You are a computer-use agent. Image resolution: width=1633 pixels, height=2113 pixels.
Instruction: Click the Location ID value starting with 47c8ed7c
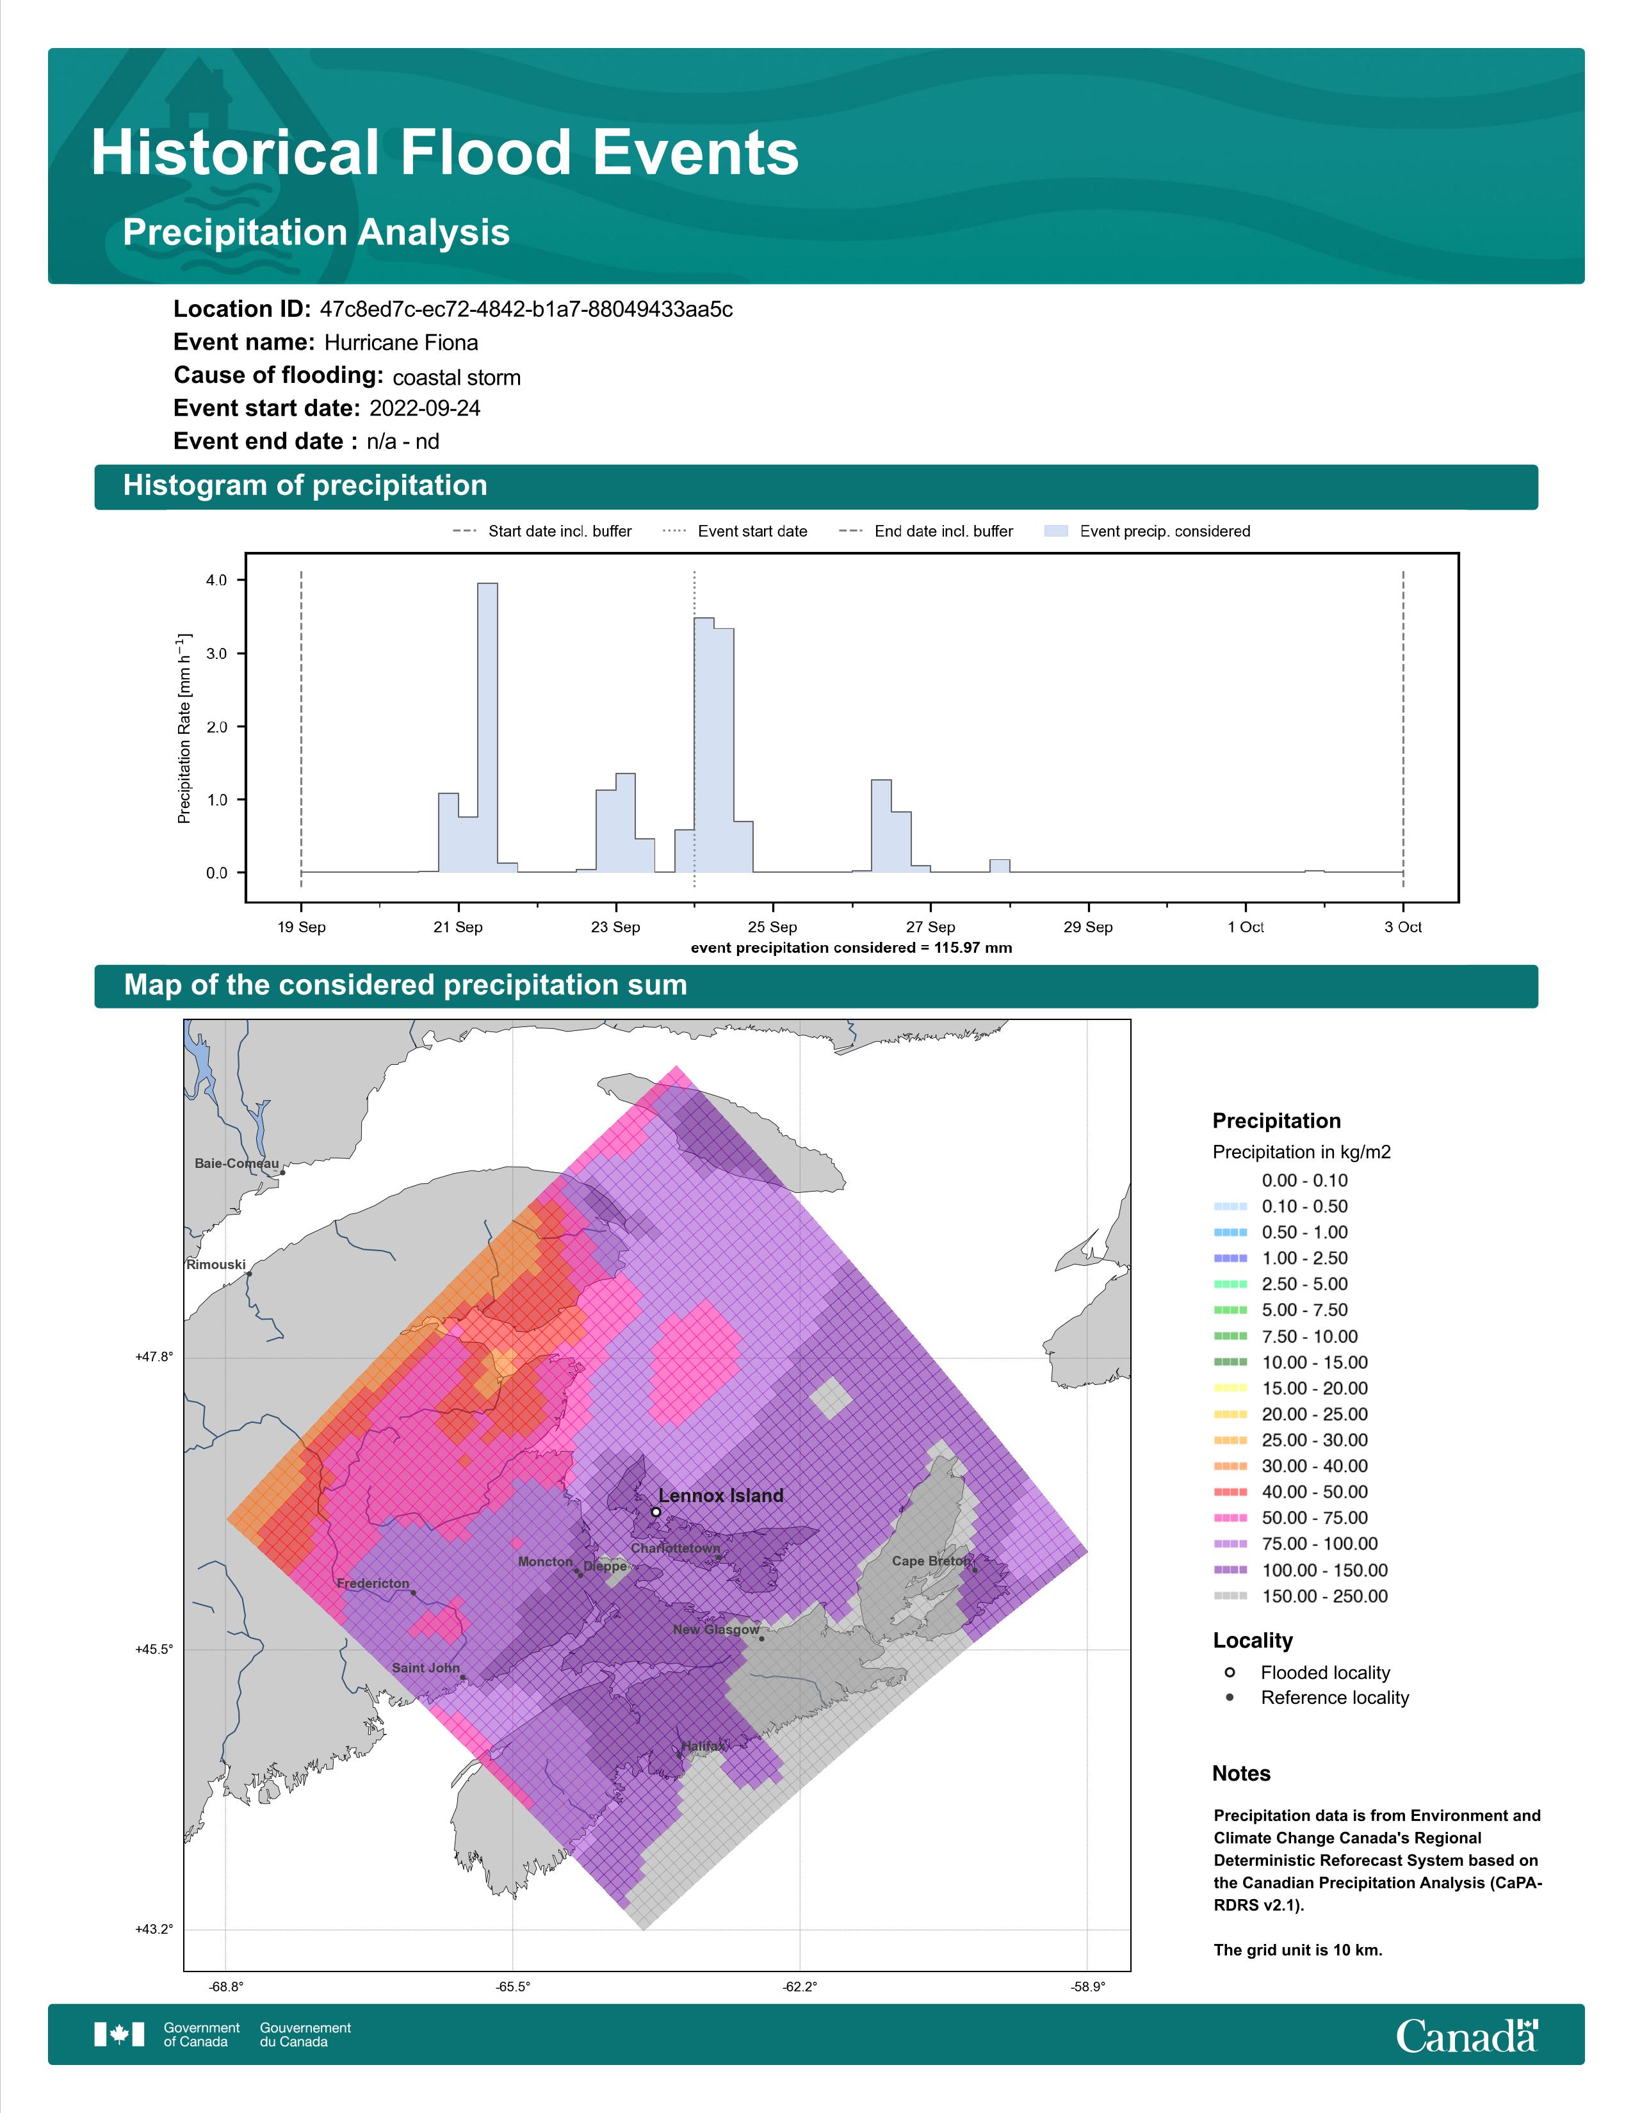tap(526, 310)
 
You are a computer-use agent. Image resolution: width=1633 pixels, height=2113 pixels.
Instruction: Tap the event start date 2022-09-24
tap(425, 409)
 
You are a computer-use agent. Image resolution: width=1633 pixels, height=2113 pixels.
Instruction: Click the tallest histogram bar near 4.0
tap(487, 727)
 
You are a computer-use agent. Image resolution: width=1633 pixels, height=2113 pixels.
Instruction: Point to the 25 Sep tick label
tap(772, 927)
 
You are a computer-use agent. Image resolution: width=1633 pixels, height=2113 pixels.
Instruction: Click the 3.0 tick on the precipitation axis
tap(216, 654)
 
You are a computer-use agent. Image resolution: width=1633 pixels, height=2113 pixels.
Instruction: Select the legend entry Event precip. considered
tap(1148, 531)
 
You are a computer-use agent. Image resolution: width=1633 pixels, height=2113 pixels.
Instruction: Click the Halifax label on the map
tap(703, 1746)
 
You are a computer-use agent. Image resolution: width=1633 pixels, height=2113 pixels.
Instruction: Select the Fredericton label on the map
tap(373, 1583)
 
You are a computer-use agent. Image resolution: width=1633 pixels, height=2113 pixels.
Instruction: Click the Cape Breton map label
tap(930, 1560)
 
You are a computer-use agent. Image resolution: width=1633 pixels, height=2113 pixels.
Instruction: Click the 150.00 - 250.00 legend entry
tap(1300, 1596)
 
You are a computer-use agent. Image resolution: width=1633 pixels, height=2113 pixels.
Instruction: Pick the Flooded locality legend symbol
tap(1230, 1672)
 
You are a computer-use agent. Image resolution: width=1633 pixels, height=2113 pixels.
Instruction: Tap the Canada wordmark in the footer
tap(1466, 2036)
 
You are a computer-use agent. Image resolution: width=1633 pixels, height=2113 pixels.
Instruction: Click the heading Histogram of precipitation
tap(305, 486)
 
